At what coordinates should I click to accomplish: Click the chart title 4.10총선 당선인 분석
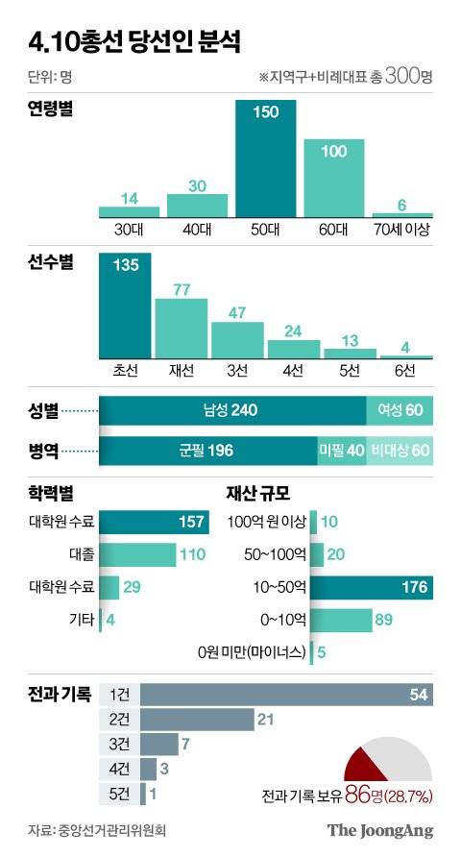(134, 41)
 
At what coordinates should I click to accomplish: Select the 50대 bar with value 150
(266, 159)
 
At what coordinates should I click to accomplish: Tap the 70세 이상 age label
(402, 231)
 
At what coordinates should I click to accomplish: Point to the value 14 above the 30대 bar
(131, 198)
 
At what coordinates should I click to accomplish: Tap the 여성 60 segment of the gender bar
(400, 411)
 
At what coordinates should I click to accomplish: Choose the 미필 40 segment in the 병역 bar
(341, 449)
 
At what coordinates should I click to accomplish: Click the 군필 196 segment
(207, 449)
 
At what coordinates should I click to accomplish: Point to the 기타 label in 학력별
(82, 620)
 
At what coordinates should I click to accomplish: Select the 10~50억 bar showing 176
(375, 587)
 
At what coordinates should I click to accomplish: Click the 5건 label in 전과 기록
(120, 794)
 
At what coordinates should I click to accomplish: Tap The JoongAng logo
(380, 830)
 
